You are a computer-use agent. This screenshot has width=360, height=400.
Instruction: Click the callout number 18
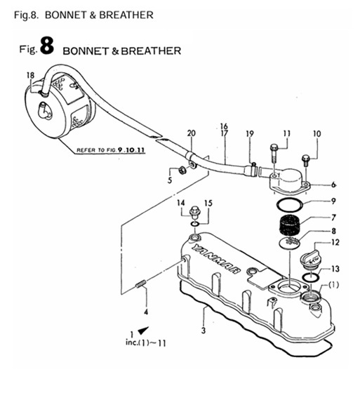click(x=29, y=75)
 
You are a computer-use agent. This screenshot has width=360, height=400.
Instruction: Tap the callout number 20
click(x=191, y=133)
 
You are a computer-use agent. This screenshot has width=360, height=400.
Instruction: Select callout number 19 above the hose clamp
click(x=249, y=134)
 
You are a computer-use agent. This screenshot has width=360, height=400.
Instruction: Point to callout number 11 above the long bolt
click(x=286, y=133)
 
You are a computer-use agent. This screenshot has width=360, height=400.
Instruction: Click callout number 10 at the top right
click(x=316, y=133)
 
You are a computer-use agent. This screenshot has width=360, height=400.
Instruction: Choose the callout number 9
click(x=334, y=201)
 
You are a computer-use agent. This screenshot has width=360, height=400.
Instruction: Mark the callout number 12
click(x=334, y=243)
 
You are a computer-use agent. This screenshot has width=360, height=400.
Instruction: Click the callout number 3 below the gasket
click(x=204, y=330)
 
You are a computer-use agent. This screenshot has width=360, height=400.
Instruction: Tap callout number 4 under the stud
click(x=146, y=311)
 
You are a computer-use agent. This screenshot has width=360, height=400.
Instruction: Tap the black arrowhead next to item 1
click(x=143, y=330)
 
